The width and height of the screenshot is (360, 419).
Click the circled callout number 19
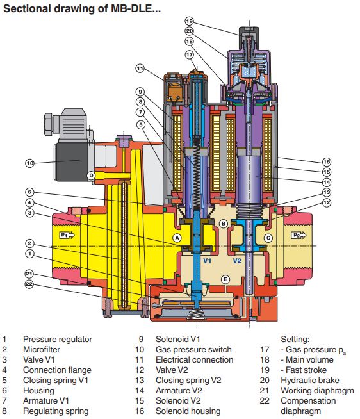[189, 21]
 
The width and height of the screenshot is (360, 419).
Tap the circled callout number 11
[140, 69]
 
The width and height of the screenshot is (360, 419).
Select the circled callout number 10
[30, 163]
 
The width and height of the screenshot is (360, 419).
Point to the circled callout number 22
[29, 284]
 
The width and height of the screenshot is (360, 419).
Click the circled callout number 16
[327, 162]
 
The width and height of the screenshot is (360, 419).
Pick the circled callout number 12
[327, 202]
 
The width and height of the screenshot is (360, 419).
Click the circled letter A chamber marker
[177, 238]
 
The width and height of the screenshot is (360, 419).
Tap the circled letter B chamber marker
[224, 224]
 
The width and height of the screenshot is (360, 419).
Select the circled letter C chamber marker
[268, 238]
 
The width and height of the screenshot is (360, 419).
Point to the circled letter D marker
[91, 176]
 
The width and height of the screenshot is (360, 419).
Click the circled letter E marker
[225, 280]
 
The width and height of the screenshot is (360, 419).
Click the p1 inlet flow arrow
[67, 235]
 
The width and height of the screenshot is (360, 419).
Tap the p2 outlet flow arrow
[299, 235]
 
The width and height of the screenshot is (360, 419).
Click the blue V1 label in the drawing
[207, 261]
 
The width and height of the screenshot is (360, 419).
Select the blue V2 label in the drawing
[237, 261]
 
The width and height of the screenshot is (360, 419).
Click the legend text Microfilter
[42, 350]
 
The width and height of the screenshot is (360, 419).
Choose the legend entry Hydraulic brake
[310, 381]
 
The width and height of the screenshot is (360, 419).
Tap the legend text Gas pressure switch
[193, 350]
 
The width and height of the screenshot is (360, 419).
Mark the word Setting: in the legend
[295, 340]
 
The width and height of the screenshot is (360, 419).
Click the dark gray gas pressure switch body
[71, 162]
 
